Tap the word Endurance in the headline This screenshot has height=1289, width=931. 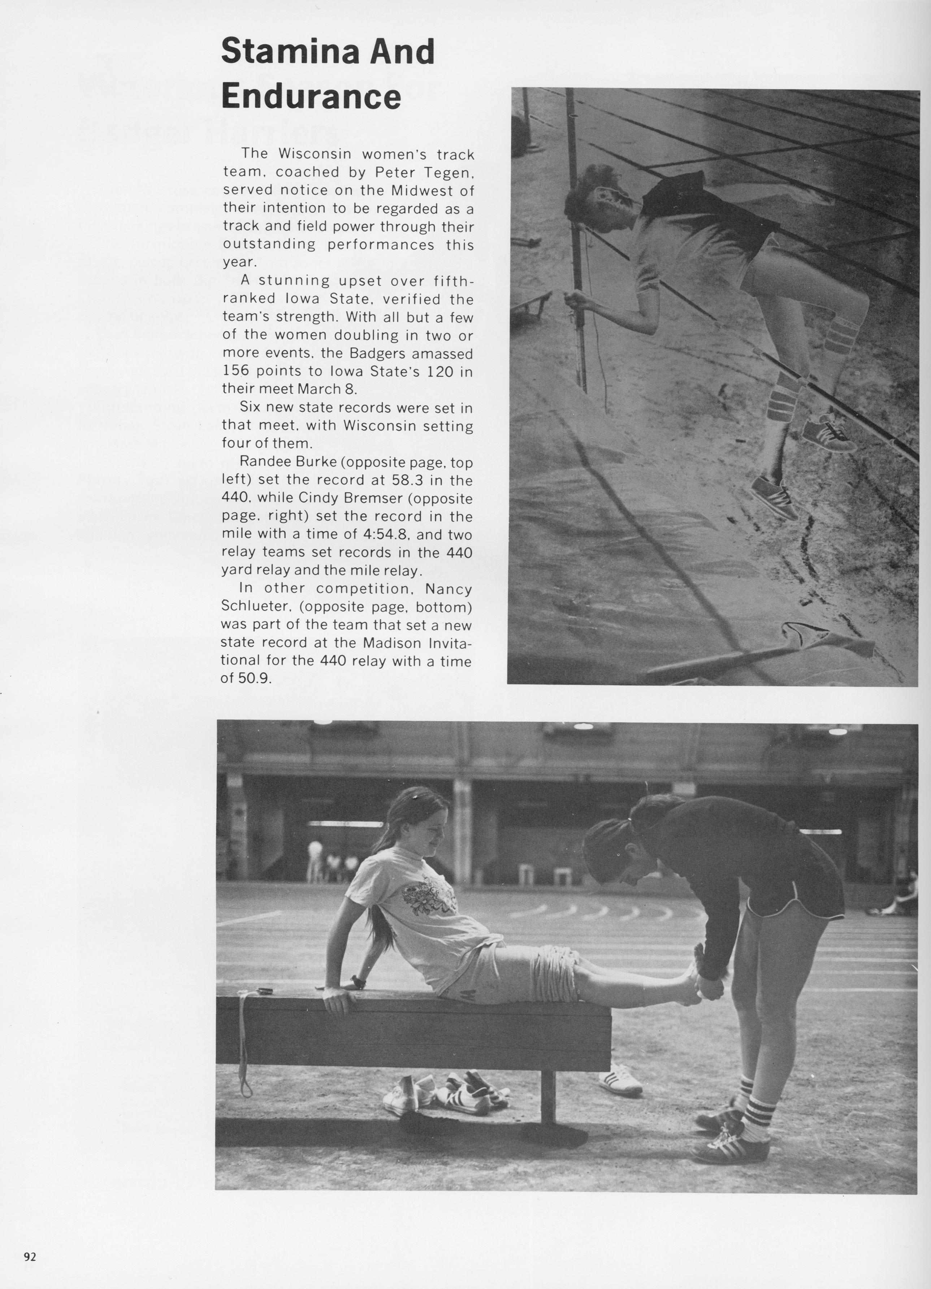pos(311,97)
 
